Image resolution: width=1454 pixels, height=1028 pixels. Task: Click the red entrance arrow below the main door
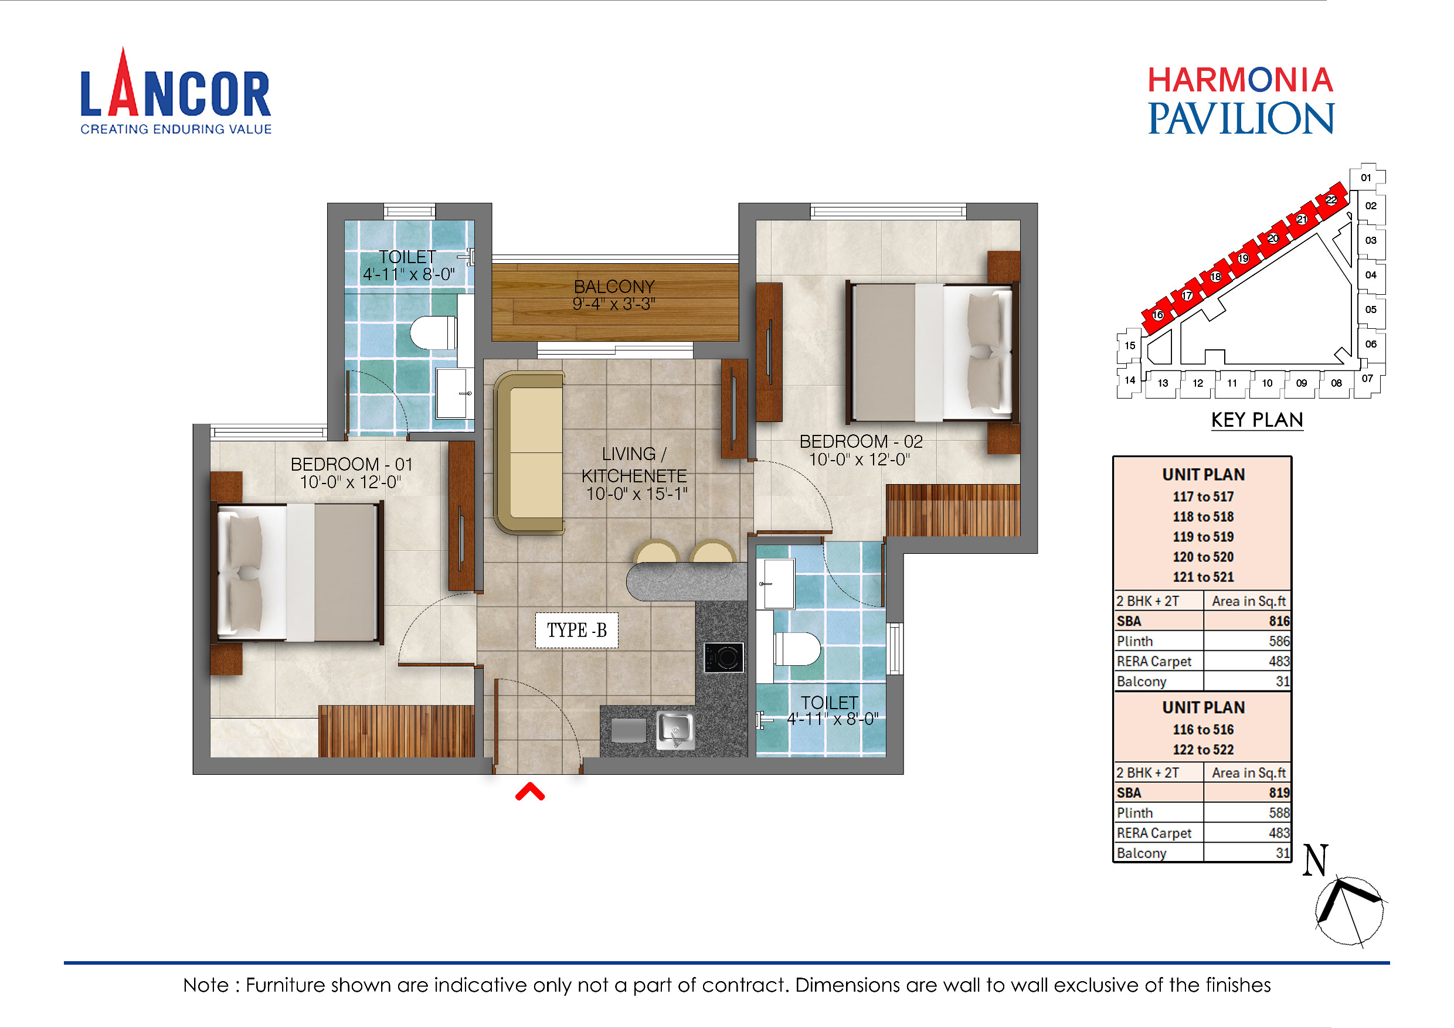tap(529, 792)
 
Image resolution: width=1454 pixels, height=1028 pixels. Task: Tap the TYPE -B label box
tap(576, 630)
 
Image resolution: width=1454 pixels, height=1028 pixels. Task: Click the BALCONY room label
tap(614, 287)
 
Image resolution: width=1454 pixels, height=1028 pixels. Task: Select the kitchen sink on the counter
tap(675, 730)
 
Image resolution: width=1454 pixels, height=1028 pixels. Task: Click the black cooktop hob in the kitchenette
tap(724, 657)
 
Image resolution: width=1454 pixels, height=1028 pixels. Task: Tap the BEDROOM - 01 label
tap(351, 464)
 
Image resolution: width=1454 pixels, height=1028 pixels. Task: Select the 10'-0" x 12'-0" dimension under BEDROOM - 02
tap(860, 459)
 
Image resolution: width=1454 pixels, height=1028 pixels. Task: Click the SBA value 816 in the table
tap(1279, 621)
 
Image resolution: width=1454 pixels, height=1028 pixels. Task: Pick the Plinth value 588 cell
tap(1279, 813)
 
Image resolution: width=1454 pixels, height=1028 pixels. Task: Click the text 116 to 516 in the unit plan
tap(1202, 729)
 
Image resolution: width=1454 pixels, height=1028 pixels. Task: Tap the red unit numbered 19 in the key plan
tap(1244, 258)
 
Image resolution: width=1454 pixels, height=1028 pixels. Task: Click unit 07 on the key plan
tap(1367, 379)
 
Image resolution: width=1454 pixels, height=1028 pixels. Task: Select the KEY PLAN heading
tap(1256, 420)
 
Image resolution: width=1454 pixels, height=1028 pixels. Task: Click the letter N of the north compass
tap(1314, 860)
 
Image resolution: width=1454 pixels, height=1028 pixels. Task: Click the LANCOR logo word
tap(175, 94)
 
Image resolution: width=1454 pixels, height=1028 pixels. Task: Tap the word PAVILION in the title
tap(1241, 118)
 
